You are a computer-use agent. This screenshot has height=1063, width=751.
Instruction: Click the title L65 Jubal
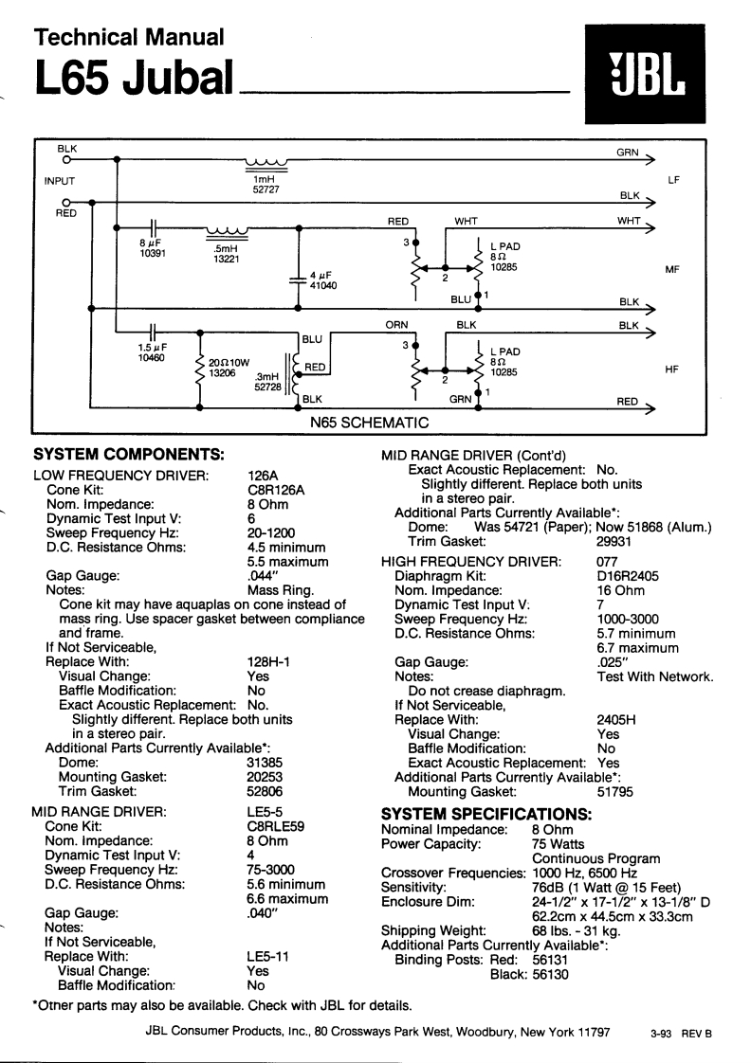point(132,81)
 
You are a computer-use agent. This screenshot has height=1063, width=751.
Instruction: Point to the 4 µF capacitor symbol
point(299,277)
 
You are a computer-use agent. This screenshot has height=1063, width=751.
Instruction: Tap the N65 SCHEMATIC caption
point(371,422)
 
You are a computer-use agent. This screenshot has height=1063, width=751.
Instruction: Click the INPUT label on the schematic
point(60,180)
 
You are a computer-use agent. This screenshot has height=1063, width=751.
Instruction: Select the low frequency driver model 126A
point(262,475)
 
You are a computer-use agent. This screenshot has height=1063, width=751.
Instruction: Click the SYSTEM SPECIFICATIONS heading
point(485,814)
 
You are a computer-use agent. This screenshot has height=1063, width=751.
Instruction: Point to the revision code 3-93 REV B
point(681,1035)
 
